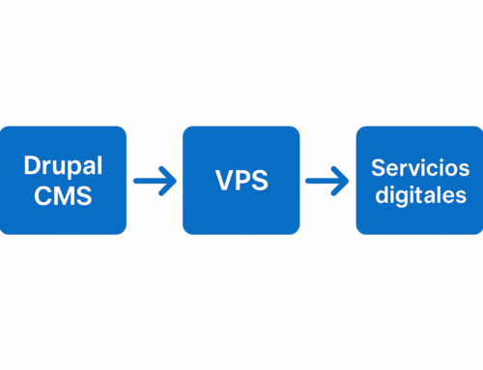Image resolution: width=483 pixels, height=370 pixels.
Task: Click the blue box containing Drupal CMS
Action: point(63,180)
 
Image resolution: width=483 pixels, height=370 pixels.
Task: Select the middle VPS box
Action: point(241,180)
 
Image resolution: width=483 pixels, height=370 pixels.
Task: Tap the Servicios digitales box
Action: point(418,180)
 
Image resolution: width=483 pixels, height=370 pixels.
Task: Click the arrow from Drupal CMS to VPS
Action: point(155,180)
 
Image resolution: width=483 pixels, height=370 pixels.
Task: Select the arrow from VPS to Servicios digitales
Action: point(327,180)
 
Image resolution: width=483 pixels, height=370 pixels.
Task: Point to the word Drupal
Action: point(63,166)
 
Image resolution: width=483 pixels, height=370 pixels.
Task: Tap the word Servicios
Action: point(418,166)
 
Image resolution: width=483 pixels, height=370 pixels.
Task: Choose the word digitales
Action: point(418,194)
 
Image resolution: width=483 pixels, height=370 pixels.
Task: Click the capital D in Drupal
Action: point(30,166)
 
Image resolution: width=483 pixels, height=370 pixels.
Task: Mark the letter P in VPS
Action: point(241,181)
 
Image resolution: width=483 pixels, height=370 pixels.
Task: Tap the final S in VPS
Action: point(260,181)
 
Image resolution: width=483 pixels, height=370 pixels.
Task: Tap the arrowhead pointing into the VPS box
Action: point(170,180)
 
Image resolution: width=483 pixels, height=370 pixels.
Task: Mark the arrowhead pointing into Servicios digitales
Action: point(343,180)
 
